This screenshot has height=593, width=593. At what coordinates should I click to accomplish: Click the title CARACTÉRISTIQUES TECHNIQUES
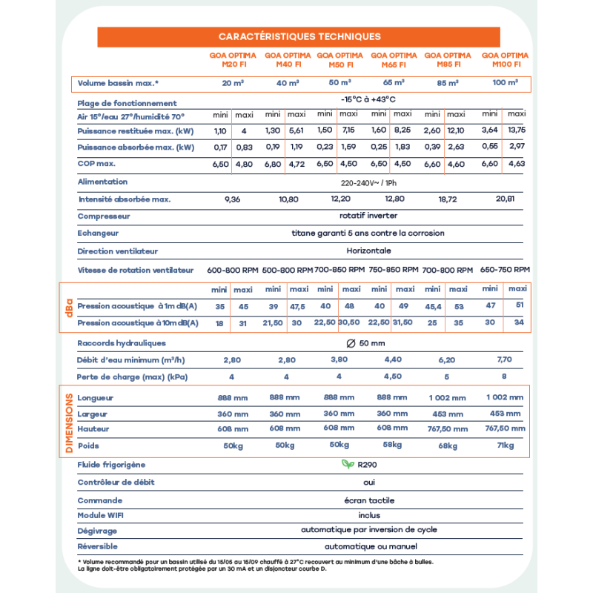[x=299, y=36]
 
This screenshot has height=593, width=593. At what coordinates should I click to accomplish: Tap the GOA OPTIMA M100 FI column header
[x=505, y=60]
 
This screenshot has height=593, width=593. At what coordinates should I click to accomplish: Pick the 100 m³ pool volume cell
[x=505, y=83]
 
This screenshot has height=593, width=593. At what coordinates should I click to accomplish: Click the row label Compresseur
[x=104, y=216]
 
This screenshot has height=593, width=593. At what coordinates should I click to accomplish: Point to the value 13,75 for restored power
[x=516, y=130]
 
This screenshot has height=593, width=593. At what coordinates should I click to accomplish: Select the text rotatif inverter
[x=368, y=216]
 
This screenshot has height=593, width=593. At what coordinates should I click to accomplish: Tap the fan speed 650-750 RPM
[x=506, y=270]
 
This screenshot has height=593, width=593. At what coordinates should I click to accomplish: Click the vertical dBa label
[x=68, y=306]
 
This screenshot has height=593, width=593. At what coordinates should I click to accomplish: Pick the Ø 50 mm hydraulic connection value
[x=368, y=343]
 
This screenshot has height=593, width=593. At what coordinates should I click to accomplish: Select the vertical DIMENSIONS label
[x=69, y=422]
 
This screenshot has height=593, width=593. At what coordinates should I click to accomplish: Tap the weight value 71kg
[x=506, y=445]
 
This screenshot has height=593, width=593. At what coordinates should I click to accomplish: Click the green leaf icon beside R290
[x=347, y=465]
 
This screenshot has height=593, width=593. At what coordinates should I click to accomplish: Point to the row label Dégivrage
[x=97, y=531]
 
